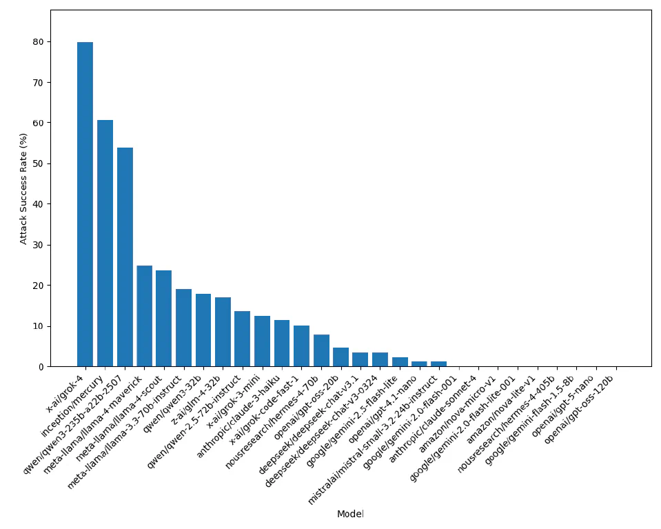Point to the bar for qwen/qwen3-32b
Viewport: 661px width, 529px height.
203,330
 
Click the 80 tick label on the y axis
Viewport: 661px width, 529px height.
37,42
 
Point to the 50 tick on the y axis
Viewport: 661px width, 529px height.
37,163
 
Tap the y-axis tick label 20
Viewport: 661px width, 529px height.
37,286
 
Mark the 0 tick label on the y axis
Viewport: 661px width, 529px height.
40,367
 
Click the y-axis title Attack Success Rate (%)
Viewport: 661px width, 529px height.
23,188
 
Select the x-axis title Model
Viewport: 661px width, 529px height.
350,514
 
